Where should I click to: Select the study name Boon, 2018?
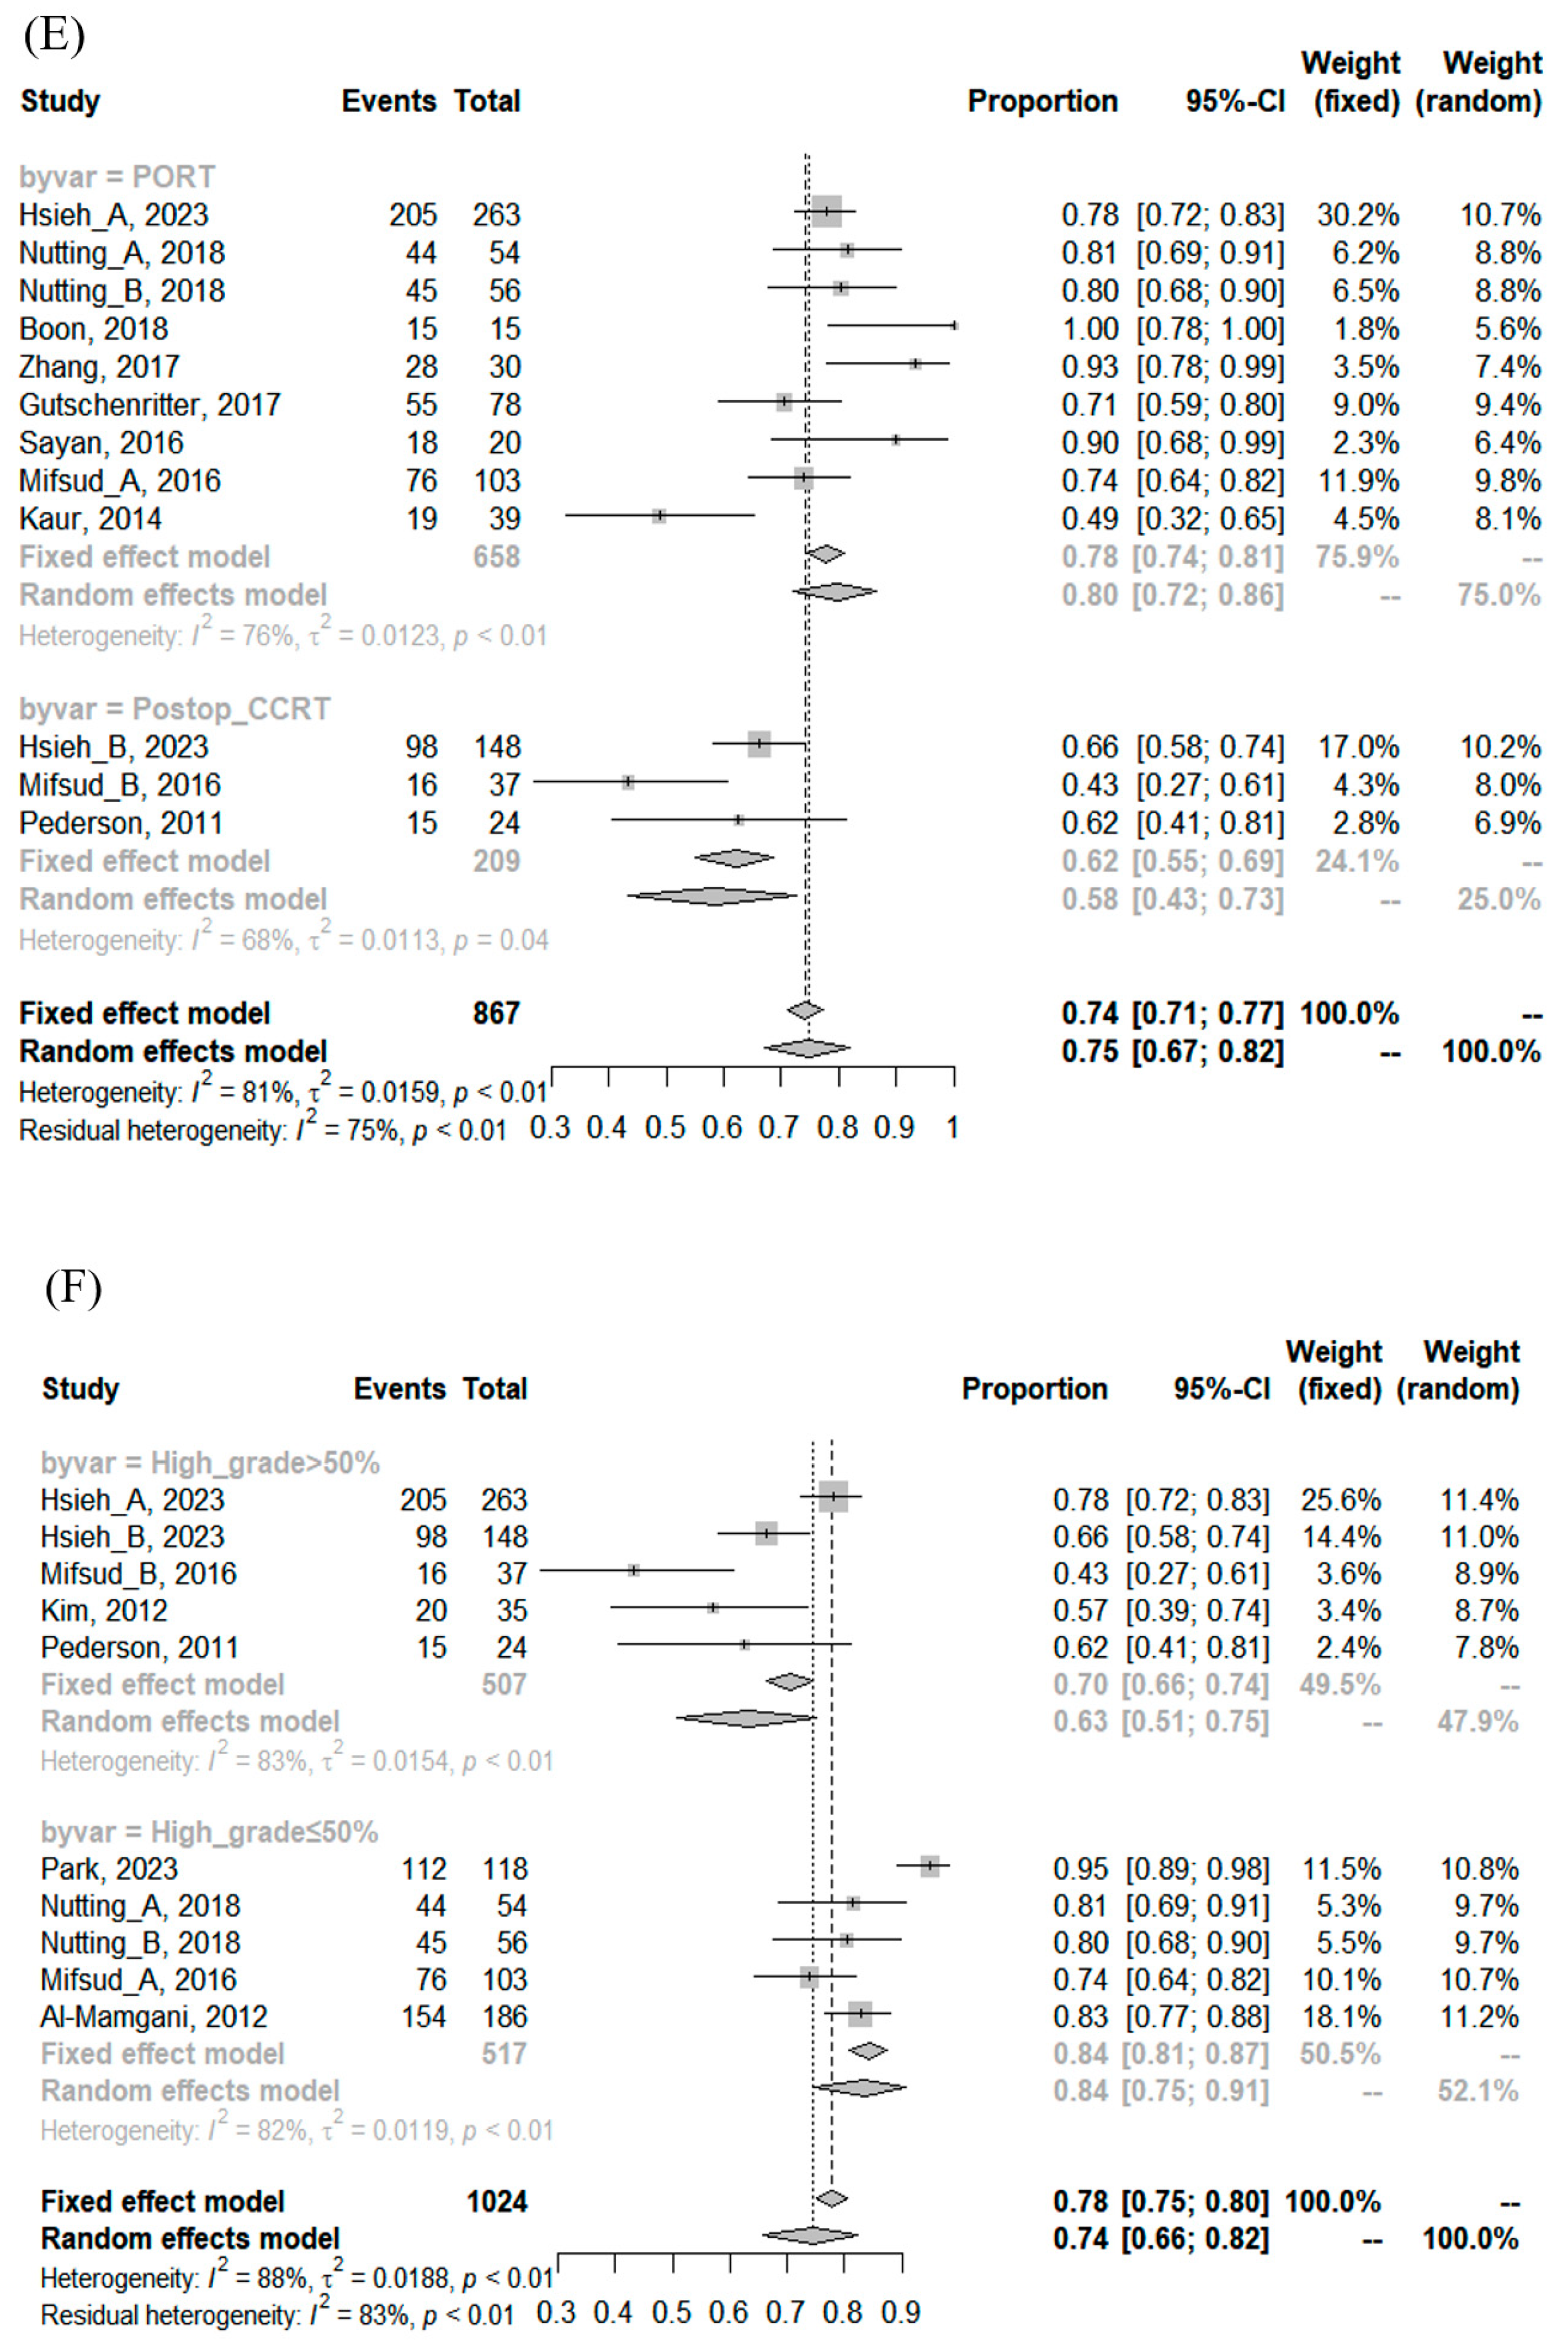click(x=93, y=329)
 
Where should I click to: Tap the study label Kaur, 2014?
click(x=90, y=519)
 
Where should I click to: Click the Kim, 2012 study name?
click(x=103, y=1610)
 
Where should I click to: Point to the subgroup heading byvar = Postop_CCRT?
click(x=174, y=709)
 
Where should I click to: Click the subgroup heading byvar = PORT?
click(x=117, y=177)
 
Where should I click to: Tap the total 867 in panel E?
click(x=496, y=1013)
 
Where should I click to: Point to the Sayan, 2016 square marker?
click(x=896, y=439)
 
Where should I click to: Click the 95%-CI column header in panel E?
click(x=1235, y=101)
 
